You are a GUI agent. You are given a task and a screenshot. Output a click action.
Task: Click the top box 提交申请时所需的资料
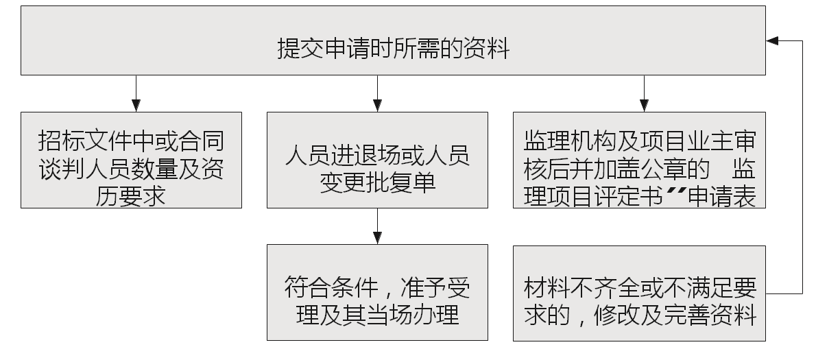pos(393,40)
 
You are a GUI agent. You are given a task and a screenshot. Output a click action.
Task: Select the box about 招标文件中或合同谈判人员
pos(131,160)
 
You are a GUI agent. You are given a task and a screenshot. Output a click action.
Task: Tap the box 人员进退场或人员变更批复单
pos(377,160)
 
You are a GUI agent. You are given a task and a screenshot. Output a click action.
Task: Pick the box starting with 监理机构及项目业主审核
pos(639,160)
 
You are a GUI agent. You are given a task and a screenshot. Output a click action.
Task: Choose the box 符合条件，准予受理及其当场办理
pos(377,293)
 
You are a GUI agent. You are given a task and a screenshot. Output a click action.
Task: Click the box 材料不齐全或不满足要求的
pos(639,293)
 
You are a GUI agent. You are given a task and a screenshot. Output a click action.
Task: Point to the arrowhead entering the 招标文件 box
pos(136,106)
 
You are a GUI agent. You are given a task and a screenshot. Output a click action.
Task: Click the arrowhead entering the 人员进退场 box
pos(377,106)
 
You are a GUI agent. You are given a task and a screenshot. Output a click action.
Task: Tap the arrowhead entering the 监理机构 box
pos(645,106)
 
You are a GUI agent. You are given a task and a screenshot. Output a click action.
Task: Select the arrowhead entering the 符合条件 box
pos(377,238)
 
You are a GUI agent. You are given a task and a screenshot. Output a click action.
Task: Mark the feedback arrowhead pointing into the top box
pos(772,41)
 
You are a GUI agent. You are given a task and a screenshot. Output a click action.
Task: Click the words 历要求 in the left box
pos(131,196)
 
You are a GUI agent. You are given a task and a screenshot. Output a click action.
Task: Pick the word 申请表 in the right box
pos(722,196)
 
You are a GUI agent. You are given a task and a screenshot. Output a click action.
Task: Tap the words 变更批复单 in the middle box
pos(377,183)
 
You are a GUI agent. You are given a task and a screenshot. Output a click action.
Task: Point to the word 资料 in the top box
pos(486,49)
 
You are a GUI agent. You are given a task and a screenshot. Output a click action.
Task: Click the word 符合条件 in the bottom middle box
pos(331,287)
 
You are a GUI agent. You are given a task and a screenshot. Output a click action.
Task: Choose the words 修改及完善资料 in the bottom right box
pos(675,314)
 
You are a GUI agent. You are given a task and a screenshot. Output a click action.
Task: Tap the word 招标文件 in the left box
pos(84,141)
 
